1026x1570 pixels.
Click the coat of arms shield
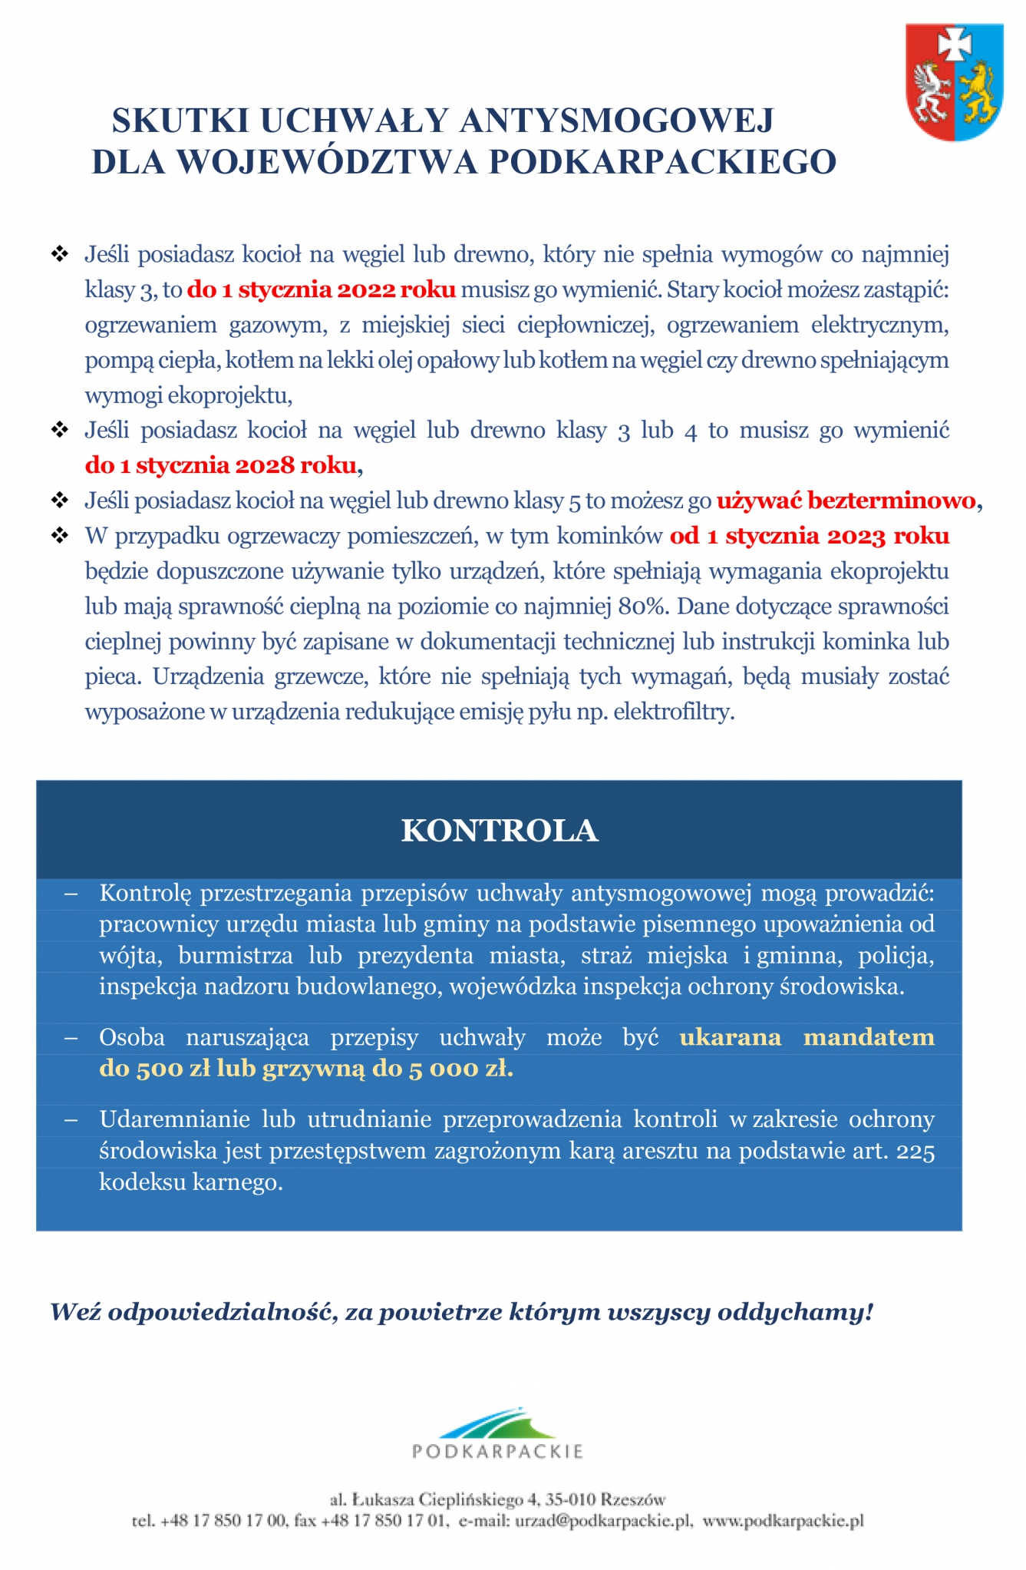pyautogui.click(x=954, y=82)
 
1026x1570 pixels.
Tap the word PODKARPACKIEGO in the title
pyautogui.click(x=662, y=162)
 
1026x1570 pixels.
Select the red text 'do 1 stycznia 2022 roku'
pyautogui.click(x=322, y=290)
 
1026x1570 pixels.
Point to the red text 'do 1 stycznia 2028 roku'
pyautogui.click(x=221, y=465)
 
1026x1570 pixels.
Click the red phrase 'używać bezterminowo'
pyautogui.click(x=846, y=501)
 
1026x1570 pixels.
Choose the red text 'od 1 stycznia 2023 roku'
pyautogui.click(x=810, y=536)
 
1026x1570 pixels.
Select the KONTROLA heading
pyautogui.click(x=500, y=831)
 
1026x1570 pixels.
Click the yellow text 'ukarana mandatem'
pyautogui.click(x=807, y=1037)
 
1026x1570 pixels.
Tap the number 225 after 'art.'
pyautogui.click(x=915, y=1152)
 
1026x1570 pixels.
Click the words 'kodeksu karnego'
pyautogui.click(x=190, y=1182)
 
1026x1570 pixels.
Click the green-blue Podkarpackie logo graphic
pyautogui.click(x=497, y=1424)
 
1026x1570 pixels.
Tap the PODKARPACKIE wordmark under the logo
pyautogui.click(x=498, y=1452)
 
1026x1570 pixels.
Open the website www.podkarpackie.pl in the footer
pyautogui.click(x=783, y=1521)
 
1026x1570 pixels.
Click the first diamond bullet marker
pyautogui.click(x=60, y=254)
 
